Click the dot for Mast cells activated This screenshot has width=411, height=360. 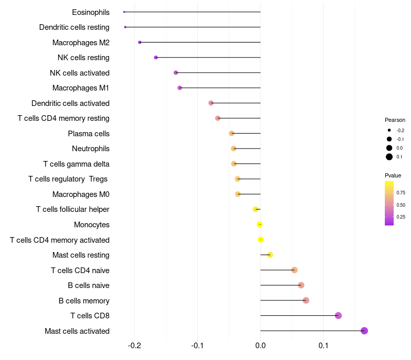364,331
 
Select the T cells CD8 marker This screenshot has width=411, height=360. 338,316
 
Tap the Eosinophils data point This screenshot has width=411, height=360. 124,12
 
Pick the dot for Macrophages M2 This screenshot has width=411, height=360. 140,42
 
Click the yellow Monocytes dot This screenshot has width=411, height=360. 260,225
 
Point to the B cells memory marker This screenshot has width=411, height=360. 306,300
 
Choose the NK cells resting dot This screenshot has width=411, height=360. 156,58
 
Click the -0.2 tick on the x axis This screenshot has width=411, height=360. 135,345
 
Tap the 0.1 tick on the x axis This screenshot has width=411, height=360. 323,345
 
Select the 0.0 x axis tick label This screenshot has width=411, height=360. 260,345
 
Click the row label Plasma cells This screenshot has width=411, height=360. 88,134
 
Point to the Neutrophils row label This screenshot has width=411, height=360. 90,149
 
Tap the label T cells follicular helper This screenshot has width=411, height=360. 72,209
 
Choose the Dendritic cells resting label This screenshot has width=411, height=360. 74,27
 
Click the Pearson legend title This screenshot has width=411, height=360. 395,120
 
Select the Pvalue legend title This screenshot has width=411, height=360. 393,175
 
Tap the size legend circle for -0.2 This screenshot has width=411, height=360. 389,131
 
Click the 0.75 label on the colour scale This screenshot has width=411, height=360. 401,193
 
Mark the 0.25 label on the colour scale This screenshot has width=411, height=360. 401,217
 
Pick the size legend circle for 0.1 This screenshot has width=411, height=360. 389,157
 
